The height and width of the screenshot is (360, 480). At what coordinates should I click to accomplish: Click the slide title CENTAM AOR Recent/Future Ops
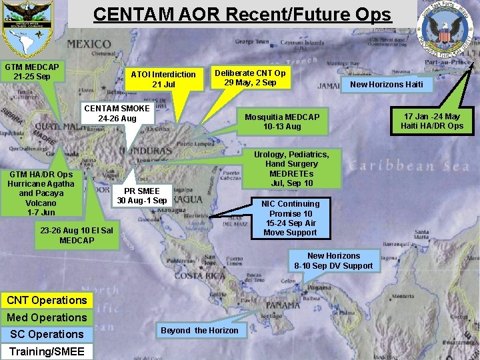pos(242,15)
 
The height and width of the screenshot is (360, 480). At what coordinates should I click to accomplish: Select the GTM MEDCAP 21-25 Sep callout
pos(32,71)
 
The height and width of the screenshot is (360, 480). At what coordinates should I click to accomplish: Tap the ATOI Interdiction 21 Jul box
pos(163,79)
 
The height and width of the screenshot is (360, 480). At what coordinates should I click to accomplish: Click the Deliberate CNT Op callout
pos(251,77)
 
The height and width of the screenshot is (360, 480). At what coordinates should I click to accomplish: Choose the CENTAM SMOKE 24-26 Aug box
pos(117,113)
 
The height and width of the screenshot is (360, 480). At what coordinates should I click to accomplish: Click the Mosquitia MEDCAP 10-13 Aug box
pos(282,121)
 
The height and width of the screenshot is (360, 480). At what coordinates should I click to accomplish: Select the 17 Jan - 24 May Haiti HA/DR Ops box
pos(432,121)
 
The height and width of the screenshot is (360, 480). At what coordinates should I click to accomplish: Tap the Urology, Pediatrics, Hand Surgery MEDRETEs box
pos(291,169)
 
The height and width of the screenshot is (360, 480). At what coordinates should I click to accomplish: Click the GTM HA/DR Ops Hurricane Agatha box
pos(41,193)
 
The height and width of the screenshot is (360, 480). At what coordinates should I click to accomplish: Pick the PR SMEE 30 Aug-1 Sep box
pos(141,195)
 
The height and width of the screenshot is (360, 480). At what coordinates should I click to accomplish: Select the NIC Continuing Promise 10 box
pos(290,218)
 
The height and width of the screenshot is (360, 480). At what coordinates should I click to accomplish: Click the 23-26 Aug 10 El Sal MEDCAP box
pos(77,235)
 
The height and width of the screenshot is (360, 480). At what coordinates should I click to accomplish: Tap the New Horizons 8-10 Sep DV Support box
pos(333,261)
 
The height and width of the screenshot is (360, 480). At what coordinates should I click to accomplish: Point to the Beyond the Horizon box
pos(199,330)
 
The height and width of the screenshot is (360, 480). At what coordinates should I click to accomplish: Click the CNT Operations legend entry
pos(47,300)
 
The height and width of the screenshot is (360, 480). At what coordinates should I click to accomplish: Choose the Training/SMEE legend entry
pos(47,351)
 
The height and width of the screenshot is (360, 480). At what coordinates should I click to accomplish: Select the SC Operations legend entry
pos(47,334)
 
